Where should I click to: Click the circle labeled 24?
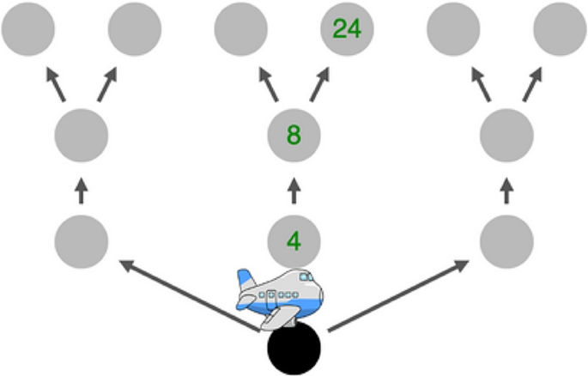347,29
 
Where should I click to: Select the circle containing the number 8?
294,135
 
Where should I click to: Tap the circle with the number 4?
294,241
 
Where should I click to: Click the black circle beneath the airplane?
294,349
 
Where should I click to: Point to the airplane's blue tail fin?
247,282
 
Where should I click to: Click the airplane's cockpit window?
306,277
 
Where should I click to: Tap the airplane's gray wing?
276,316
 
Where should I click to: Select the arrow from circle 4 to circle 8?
294,190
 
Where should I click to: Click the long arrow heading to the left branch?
189,296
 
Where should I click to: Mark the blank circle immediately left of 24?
240,29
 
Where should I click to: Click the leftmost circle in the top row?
28,29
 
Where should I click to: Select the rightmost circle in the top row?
560,29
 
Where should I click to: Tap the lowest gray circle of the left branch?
82,241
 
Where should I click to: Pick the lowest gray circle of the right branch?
506,241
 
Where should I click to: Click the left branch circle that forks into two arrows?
82,135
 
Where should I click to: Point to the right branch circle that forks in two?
506,135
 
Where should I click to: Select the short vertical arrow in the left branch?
82,190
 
